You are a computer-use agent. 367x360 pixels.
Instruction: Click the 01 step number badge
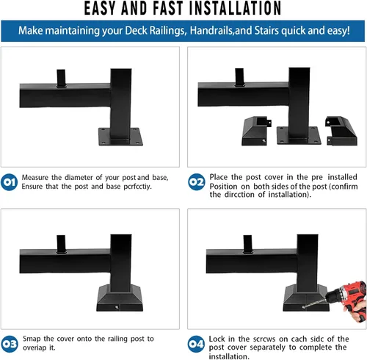9,182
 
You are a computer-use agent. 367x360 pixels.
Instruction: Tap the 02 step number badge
197,181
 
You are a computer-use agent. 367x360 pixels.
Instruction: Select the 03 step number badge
10,344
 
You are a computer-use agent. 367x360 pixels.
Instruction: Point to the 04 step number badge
196,344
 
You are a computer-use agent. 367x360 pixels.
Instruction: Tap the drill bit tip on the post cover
303,307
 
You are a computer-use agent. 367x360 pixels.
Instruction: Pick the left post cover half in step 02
256,131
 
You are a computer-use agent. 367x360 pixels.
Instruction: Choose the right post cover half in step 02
341,131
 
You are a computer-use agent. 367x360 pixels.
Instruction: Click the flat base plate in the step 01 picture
120,137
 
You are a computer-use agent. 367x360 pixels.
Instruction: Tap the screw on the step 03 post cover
117,307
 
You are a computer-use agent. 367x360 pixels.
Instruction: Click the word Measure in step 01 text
35,177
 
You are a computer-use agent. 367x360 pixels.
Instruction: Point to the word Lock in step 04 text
217,339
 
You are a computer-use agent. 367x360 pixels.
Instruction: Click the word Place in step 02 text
219,177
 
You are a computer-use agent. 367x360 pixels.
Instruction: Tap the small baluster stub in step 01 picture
61,78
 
